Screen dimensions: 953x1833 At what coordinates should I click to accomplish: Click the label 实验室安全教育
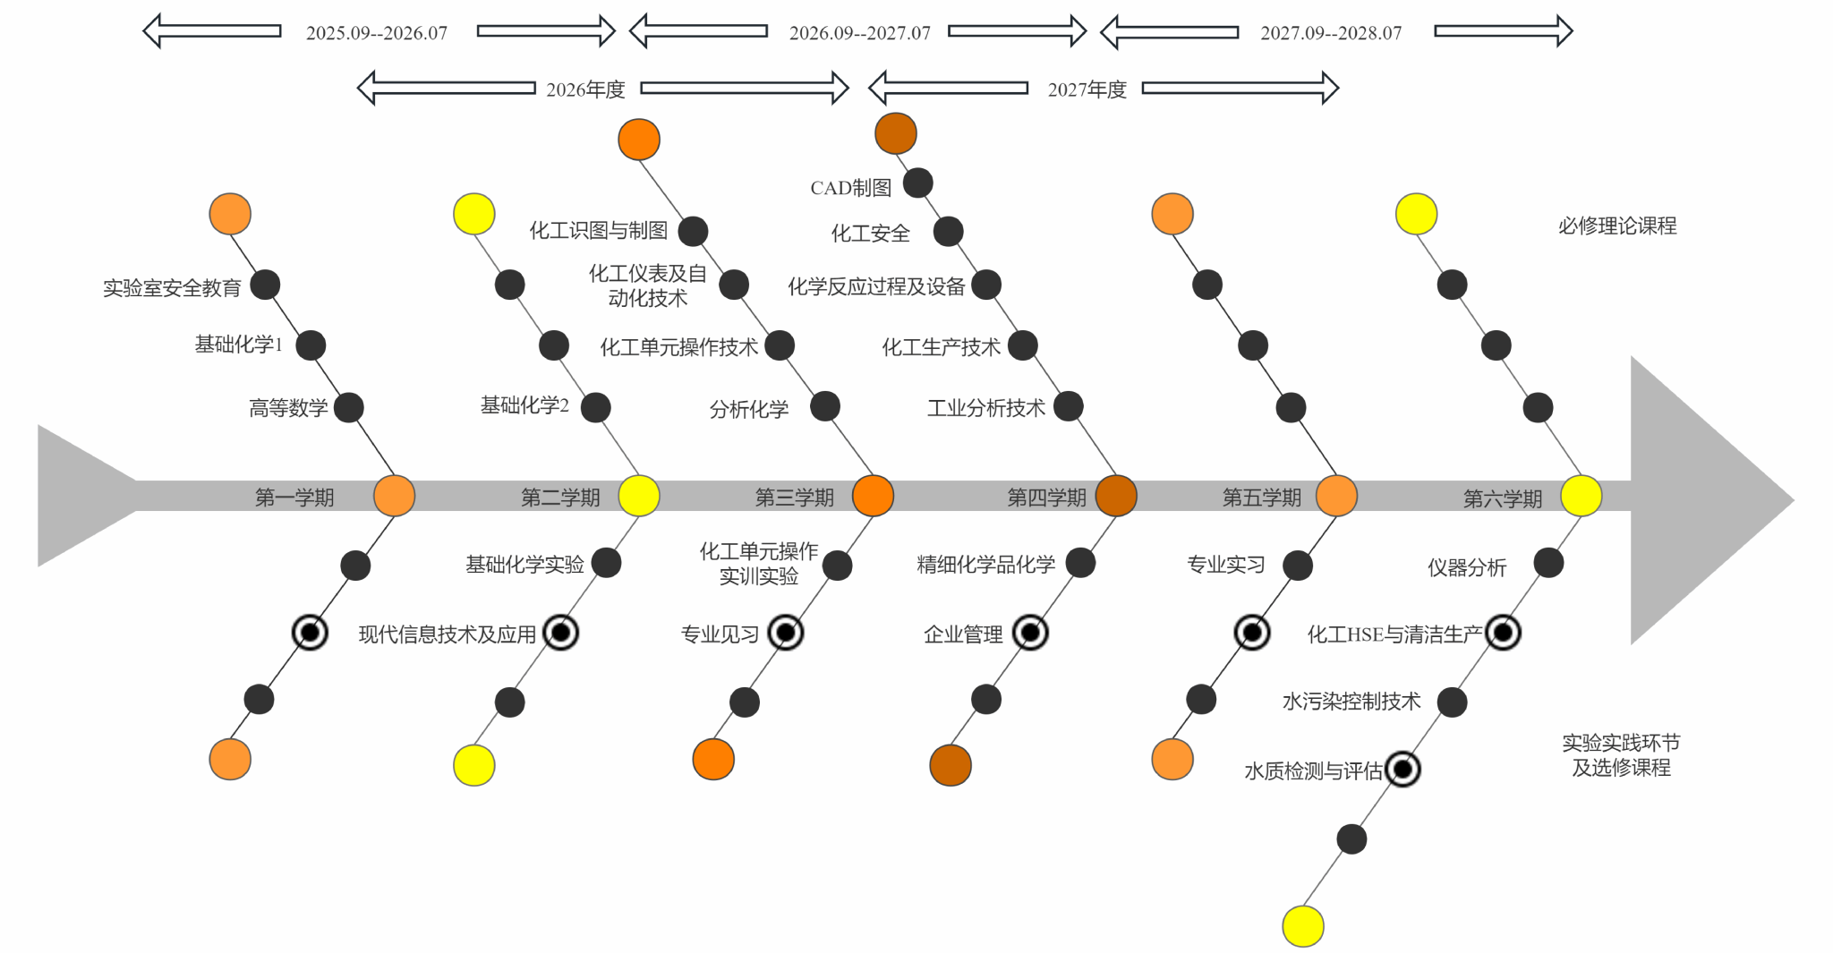172,288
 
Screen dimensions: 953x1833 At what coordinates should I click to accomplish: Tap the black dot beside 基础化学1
311,345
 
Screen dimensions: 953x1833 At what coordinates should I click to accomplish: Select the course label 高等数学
288,409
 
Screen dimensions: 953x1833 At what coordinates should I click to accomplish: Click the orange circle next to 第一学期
394,496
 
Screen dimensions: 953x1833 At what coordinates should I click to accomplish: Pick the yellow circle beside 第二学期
639,496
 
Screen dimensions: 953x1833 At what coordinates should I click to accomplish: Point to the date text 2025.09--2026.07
377,34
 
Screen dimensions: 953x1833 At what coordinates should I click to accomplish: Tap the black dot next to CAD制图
918,183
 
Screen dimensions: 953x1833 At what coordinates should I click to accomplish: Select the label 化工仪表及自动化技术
647,286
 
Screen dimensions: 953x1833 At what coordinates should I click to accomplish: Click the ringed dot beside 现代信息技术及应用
561,634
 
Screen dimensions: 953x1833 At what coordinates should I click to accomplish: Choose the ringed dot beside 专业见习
786,634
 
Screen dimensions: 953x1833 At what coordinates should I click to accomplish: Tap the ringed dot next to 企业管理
1030,634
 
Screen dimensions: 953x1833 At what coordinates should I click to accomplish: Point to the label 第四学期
1046,498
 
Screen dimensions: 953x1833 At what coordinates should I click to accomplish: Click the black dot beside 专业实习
1298,566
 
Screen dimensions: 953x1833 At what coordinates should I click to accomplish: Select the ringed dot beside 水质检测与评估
1402,770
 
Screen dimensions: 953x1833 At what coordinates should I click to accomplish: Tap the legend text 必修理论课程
1616,226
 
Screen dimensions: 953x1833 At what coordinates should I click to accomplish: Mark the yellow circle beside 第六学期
1581,496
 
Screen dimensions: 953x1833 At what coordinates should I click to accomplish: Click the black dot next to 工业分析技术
1068,407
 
